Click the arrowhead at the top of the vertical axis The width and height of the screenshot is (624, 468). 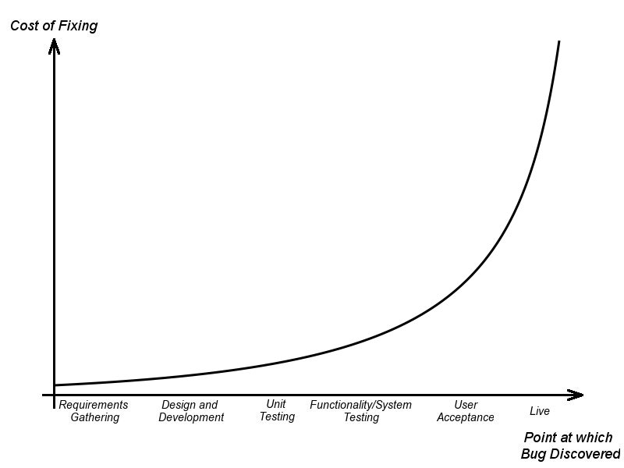(54, 45)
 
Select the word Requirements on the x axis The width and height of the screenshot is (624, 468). (94, 405)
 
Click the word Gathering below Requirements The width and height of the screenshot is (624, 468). (94, 417)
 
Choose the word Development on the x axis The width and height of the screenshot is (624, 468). (191, 417)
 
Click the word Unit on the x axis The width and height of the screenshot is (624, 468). (276, 404)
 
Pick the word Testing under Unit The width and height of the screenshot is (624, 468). (277, 417)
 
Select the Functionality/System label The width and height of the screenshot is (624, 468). (360, 405)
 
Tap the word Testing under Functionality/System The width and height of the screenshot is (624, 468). (361, 417)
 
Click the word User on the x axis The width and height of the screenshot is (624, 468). (466, 405)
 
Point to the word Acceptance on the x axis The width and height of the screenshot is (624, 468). (466, 417)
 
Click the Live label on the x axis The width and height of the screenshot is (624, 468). (540, 411)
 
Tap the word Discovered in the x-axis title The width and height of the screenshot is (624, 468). (587, 454)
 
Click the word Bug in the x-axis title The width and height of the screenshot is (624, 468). (535, 454)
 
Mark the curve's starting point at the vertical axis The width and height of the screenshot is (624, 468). (55, 385)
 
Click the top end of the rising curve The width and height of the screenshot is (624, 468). (559, 41)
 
